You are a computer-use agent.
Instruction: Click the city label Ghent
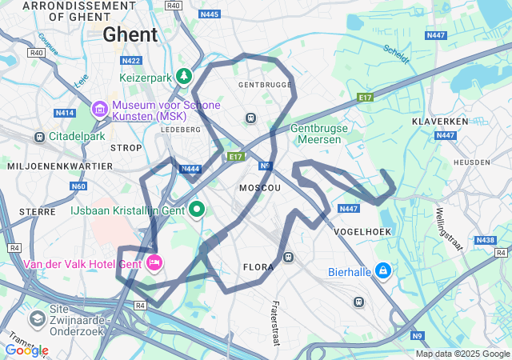point(130,34)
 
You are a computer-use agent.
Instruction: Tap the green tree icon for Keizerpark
point(185,76)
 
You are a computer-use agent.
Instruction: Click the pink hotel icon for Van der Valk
point(154,262)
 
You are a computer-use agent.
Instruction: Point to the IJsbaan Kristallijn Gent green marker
point(196,210)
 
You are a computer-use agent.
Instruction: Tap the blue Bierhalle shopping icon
point(383,271)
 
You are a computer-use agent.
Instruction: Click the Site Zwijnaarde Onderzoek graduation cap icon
point(37,319)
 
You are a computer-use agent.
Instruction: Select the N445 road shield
point(210,14)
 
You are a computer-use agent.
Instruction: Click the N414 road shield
point(65,113)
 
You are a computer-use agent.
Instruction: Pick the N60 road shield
point(78,186)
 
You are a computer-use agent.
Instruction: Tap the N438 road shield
point(485,240)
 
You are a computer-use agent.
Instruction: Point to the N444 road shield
point(190,169)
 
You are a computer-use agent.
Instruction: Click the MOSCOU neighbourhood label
point(260,187)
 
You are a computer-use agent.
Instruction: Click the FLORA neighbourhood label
point(258,267)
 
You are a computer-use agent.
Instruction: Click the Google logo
point(26,350)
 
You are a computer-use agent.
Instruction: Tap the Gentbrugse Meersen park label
point(315,134)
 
